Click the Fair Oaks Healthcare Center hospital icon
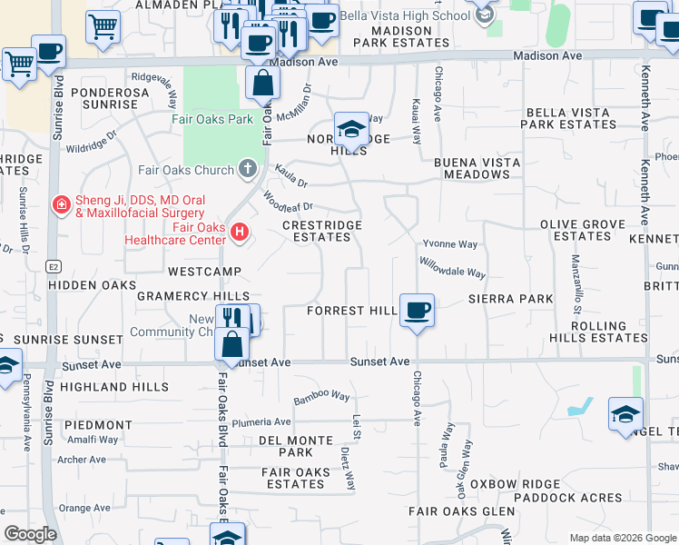tap(240, 233)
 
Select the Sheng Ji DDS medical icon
tap(61, 206)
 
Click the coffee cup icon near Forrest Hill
tap(417, 311)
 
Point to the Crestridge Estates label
tap(321, 231)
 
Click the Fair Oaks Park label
tap(213, 119)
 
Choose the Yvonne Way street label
tap(449, 244)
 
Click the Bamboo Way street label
tap(321, 398)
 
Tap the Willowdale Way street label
tap(452, 267)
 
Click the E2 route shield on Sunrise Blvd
tap(54, 267)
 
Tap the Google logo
tap(30, 534)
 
